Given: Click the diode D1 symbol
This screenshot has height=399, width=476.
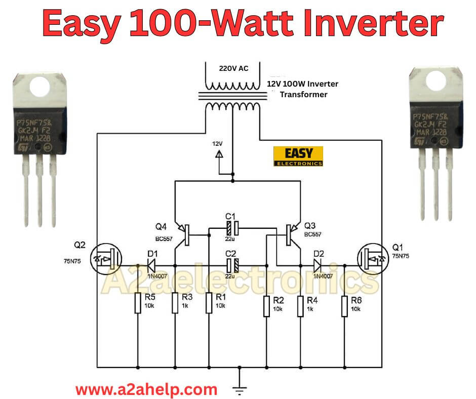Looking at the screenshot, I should (151, 265).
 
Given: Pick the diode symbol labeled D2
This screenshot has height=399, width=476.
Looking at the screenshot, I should (318, 265).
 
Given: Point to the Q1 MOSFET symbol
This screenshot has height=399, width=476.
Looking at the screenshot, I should (372, 260).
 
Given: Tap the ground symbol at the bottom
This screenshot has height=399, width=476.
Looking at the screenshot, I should (239, 390).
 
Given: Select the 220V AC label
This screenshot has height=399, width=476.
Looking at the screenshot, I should (233, 68).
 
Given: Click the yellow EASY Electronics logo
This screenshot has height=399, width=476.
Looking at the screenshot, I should (298, 156).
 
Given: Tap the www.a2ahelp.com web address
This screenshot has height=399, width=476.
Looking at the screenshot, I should (146, 390).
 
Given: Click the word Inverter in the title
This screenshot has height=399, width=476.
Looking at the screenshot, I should (375, 24).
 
